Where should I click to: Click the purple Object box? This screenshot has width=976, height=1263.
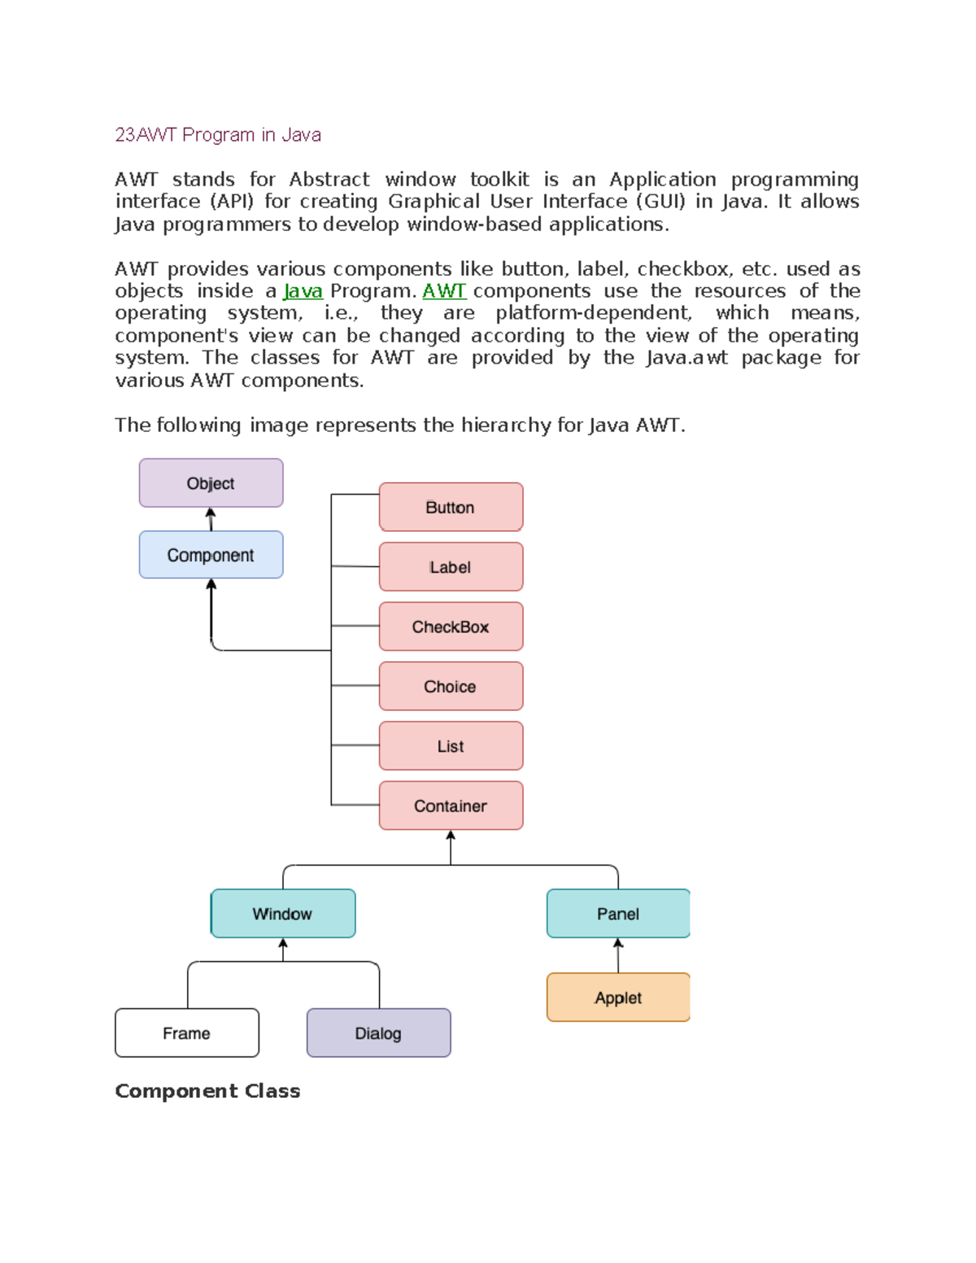[x=211, y=483]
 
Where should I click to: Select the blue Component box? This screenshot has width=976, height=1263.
[x=211, y=555]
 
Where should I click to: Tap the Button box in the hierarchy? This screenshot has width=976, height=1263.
[x=451, y=507]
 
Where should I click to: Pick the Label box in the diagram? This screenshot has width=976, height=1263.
[x=451, y=567]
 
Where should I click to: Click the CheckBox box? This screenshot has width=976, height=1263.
[x=451, y=626]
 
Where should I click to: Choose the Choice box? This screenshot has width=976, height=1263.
[x=451, y=686]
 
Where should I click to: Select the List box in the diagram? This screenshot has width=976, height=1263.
[x=451, y=746]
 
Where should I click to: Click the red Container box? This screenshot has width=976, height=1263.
[x=451, y=805]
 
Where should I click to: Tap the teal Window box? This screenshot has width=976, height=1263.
[x=282, y=913]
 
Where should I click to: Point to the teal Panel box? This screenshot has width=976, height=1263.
[x=618, y=913]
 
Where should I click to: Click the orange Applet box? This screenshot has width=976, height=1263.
[x=618, y=997]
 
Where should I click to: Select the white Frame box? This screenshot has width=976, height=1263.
[x=187, y=1033]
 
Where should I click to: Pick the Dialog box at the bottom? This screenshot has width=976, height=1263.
[x=378, y=1033]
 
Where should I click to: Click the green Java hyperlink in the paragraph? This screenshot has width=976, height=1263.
[x=303, y=291]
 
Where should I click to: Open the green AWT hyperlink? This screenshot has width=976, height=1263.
[x=444, y=291]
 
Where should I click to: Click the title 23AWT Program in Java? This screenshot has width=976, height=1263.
[x=218, y=135]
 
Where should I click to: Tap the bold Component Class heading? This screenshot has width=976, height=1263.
[x=207, y=1091]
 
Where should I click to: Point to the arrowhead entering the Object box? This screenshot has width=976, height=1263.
[x=211, y=513]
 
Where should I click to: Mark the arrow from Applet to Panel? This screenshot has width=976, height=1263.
[x=618, y=956]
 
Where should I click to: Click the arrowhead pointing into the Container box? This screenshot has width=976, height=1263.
[x=451, y=835]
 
